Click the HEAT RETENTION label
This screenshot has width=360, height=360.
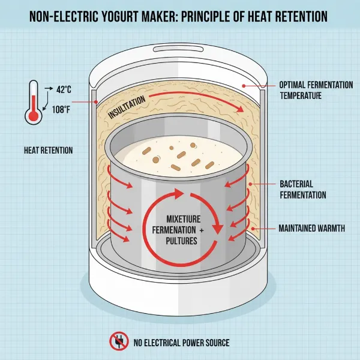[48, 150]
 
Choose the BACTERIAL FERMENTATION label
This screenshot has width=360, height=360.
[302, 189]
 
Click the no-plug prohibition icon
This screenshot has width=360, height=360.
[119, 341]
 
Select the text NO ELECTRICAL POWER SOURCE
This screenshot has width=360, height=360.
[181, 343]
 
